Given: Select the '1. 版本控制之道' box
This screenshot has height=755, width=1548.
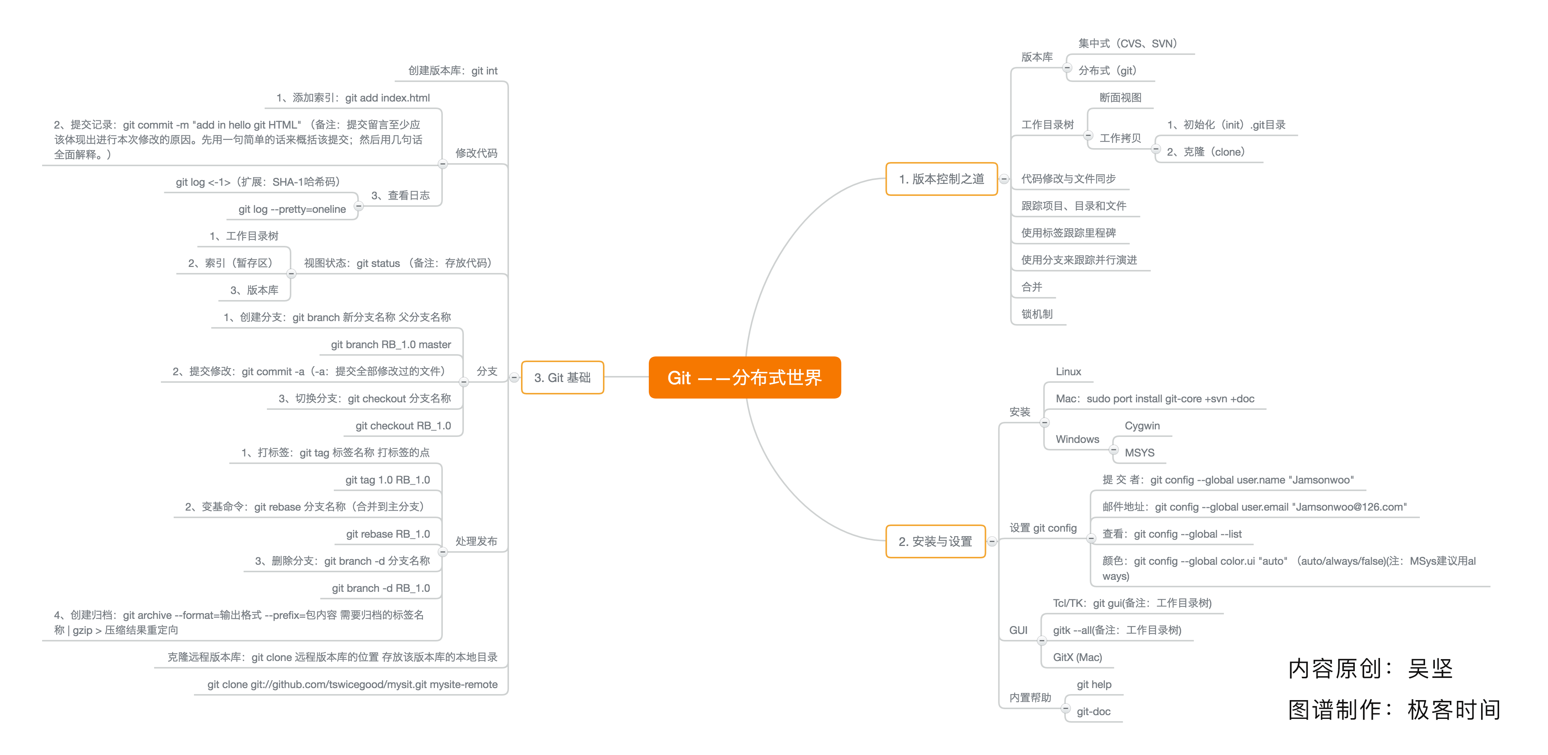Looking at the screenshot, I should click(941, 179).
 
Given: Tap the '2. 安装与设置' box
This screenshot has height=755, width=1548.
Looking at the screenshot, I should click(935, 541).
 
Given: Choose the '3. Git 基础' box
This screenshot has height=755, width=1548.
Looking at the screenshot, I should click(562, 377).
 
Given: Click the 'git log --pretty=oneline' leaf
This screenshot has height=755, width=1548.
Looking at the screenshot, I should click(292, 209).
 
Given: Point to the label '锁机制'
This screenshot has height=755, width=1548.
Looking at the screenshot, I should click(1037, 314).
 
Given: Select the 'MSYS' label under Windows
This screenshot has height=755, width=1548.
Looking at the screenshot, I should click(1139, 453).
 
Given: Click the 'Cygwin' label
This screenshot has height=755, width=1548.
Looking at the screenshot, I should click(1142, 426).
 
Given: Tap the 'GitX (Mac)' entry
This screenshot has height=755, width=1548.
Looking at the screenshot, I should click(1077, 657).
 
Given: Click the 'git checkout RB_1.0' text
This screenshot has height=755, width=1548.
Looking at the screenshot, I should click(403, 426).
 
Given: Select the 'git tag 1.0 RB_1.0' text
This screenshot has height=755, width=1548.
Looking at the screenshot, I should click(388, 480).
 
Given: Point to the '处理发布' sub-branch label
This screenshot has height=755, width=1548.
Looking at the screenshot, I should click(476, 541).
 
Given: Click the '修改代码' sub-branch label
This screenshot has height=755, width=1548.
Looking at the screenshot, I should click(476, 153).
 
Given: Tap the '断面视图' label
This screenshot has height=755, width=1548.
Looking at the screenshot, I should click(1120, 97).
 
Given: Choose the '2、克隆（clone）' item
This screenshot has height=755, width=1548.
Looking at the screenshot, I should click(1206, 152).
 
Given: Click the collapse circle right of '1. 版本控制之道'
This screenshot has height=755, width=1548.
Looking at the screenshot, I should click(1004, 179).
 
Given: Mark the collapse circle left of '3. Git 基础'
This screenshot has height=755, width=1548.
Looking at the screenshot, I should click(514, 377).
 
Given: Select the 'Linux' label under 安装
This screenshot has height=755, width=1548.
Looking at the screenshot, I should click(1068, 371).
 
